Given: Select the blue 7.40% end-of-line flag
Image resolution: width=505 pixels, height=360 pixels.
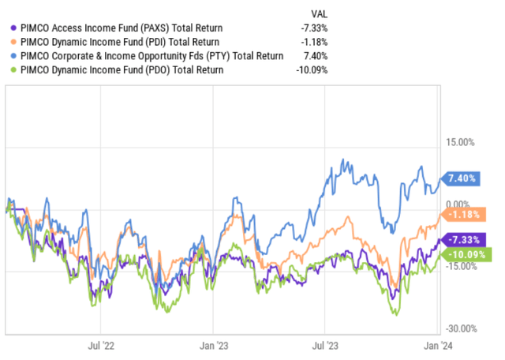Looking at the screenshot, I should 461,179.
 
